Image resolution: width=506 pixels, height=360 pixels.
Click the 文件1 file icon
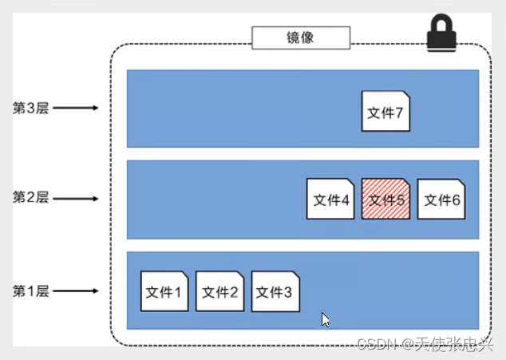[x=164, y=291]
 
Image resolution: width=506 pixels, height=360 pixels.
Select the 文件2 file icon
[x=219, y=291]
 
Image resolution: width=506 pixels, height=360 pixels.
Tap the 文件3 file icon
[x=275, y=291]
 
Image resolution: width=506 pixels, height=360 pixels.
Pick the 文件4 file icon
[x=330, y=199]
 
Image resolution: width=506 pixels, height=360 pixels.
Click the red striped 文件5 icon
[x=385, y=199]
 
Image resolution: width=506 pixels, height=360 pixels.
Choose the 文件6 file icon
[x=441, y=199]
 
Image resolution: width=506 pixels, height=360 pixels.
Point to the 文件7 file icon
[x=385, y=111]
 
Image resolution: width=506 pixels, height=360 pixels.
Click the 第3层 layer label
[x=31, y=108]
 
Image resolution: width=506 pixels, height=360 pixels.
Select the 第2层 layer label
[x=31, y=196]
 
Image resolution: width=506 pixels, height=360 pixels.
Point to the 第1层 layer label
[x=31, y=291]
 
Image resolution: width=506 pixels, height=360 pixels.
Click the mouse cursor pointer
[x=326, y=318]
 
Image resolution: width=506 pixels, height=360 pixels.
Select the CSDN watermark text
[x=425, y=343]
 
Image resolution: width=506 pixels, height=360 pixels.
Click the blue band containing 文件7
[x=239, y=109]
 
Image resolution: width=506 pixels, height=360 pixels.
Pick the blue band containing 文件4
[x=215, y=200]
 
